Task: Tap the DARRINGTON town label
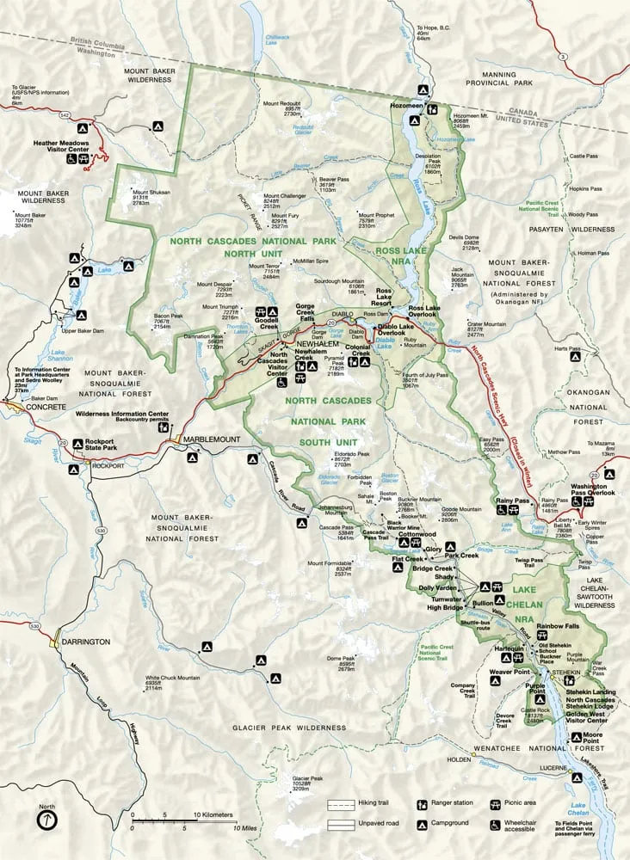coord(86,641)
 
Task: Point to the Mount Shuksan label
coord(146,195)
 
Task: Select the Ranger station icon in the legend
coord(422,806)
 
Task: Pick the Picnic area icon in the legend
coord(496,806)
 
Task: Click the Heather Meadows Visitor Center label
coord(61,146)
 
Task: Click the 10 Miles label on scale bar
coord(222,828)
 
